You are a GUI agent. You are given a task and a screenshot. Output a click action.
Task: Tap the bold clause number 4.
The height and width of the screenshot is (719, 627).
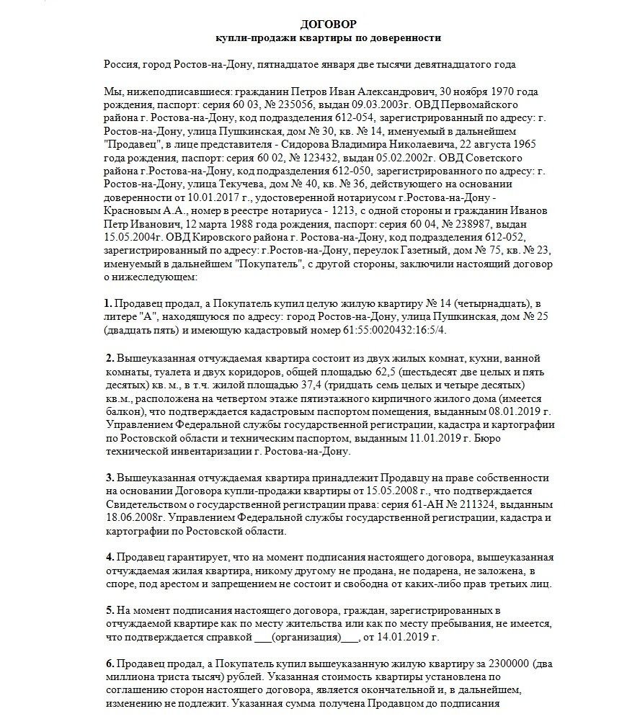109,558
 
